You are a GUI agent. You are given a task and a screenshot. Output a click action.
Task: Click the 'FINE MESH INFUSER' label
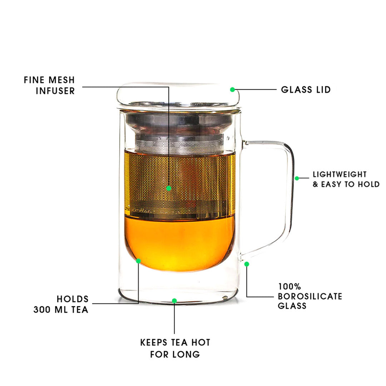coord(50,85)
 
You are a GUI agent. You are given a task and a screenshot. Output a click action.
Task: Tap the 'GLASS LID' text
coord(306,89)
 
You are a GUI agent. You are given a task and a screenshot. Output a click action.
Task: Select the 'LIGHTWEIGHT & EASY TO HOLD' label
coord(346,179)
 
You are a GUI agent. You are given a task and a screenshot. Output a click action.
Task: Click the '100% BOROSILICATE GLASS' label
coord(310,296)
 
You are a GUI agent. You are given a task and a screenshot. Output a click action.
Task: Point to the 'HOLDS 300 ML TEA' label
coord(61,304)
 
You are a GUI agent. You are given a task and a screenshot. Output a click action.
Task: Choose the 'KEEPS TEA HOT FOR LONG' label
coord(175,348)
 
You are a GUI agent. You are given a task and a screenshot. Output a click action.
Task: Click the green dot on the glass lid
coord(232,89)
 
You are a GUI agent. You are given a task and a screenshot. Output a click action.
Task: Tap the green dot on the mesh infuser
coord(169,188)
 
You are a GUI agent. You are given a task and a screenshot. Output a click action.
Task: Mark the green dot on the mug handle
coord(297,178)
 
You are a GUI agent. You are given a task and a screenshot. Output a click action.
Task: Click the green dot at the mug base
coord(174,301)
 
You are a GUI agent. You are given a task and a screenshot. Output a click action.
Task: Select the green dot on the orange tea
coord(138,261)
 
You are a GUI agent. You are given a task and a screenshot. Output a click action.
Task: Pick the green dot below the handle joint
coord(247,264)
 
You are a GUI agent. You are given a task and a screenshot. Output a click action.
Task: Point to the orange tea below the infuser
coord(179,243)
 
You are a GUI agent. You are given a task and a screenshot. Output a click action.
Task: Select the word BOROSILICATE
coord(310,296)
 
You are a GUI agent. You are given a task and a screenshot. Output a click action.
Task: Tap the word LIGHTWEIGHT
coord(340,174)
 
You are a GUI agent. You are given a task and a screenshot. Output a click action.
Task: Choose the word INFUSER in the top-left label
coord(55,91)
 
